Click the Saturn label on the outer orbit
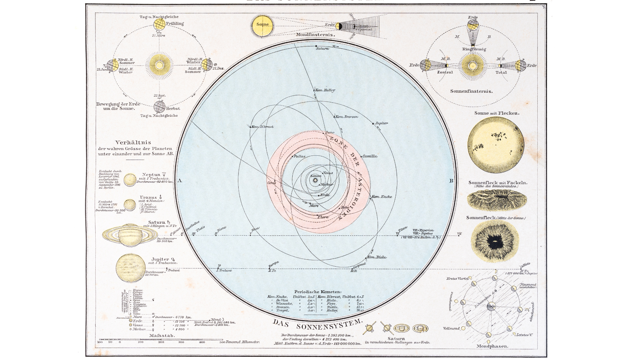pos(322,49)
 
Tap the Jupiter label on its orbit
pos(382,123)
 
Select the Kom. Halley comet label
pos(325,90)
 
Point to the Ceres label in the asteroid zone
pos(272,183)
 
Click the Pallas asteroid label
pos(299,156)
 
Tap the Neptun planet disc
pos(130,180)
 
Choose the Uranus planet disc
pos(130,205)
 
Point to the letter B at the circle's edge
pos(451,181)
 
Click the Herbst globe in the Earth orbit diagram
pos(159,107)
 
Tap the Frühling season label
pos(175,24)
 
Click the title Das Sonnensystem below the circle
pos(317,323)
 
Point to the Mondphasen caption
pos(492,346)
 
